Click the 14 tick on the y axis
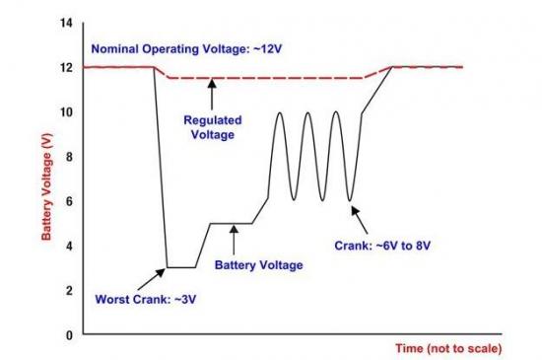(x=66, y=23)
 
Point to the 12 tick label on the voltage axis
(x=66, y=68)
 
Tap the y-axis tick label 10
(x=66, y=112)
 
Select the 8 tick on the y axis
(x=69, y=157)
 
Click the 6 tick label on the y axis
(x=69, y=201)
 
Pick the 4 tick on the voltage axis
(x=69, y=246)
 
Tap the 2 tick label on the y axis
(x=69, y=291)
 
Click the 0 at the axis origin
(x=69, y=335)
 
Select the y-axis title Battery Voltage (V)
(x=46, y=186)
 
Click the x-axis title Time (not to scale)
(x=448, y=348)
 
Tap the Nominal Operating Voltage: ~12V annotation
(x=186, y=48)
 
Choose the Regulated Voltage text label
(x=213, y=127)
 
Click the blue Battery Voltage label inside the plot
(x=258, y=265)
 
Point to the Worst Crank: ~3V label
(x=146, y=299)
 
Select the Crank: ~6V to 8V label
(x=382, y=246)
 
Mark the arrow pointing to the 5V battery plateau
(x=234, y=240)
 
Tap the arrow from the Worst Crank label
(x=152, y=279)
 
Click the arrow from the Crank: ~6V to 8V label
(x=360, y=220)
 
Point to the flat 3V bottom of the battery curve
(x=181, y=267)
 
